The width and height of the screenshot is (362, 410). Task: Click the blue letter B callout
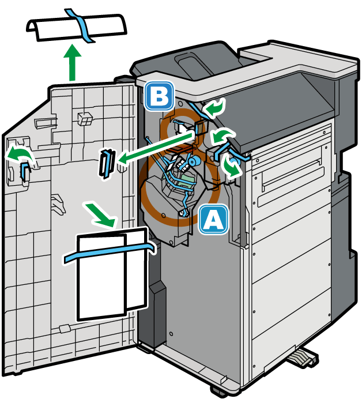point(160,96)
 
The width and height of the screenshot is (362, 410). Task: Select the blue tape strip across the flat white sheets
point(110,252)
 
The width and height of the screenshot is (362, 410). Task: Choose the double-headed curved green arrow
point(232,167)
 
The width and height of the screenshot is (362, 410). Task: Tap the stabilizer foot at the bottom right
point(303,359)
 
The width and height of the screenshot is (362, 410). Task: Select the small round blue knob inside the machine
point(194,160)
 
